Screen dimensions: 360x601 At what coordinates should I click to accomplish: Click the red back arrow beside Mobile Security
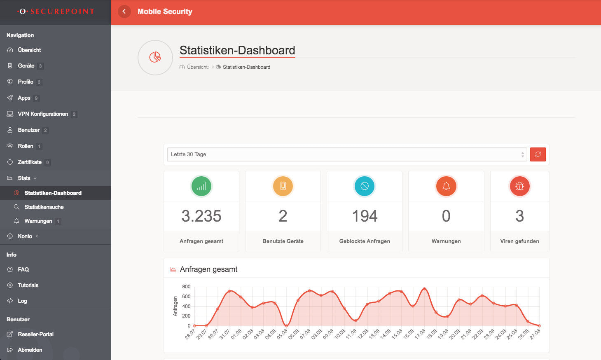(x=124, y=12)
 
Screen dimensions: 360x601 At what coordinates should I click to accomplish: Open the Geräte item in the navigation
(x=26, y=66)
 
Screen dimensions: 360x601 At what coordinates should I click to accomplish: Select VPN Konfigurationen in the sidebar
(x=42, y=114)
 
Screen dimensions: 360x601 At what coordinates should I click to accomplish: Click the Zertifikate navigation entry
(x=29, y=162)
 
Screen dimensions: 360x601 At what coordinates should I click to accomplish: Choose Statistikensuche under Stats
(x=44, y=207)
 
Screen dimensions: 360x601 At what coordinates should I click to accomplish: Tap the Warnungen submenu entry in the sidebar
(x=38, y=221)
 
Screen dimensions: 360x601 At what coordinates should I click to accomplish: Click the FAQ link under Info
(x=23, y=269)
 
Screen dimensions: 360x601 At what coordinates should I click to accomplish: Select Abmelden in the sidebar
(x=30, y=350)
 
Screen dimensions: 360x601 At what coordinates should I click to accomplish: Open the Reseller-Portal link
(x=35, y=334)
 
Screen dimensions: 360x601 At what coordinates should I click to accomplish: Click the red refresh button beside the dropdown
(x=538, y=154)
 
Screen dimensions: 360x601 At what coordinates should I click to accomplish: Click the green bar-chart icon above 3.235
(x=201, y=186)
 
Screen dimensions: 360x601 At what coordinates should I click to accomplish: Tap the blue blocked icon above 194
(x=364, y=186)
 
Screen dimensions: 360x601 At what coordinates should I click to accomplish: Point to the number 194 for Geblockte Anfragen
(x=364, y=216)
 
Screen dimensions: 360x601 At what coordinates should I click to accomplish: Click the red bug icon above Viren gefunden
(x=519, y=186)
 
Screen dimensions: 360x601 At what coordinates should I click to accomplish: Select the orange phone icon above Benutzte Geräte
(x=283, y=186)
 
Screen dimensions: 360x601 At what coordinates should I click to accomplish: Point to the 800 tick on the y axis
(x=186, y=287)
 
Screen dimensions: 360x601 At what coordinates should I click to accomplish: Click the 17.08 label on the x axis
(x=420, y=334)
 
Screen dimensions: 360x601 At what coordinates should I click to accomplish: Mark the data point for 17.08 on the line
(x=424, y=289)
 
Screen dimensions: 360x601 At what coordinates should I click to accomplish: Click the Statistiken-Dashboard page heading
(x=237, y=50)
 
